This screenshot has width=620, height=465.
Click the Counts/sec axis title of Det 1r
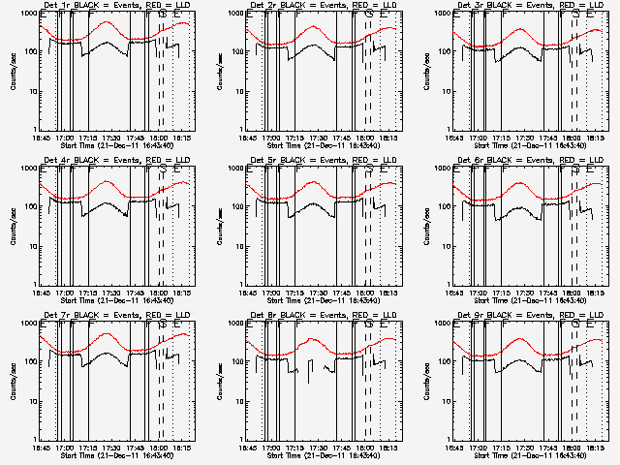point(13,72)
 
